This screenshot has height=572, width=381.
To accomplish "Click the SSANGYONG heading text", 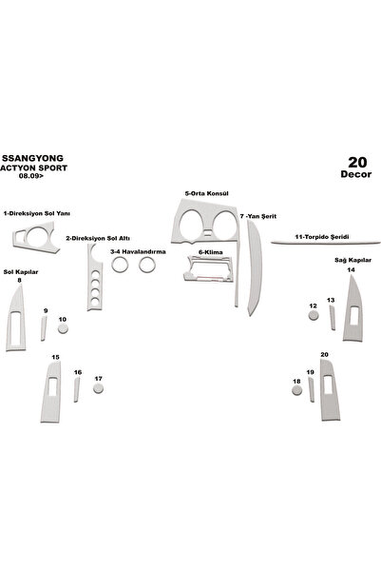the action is click(x=33, y=158).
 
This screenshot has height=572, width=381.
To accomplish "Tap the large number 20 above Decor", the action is click(x=357, y=163).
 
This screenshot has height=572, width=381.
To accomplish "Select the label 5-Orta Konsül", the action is click(x=206, y=193).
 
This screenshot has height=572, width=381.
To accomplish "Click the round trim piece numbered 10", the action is click(x=63, y=328).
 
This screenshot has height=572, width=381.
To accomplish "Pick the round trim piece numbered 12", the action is click(x=314, y=315).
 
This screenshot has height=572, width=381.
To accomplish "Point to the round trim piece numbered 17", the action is click(x=98, y=388).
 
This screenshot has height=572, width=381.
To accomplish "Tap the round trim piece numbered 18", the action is click(x=296, y=390).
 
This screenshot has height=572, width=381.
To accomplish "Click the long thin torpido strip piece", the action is click(x=326, y=242).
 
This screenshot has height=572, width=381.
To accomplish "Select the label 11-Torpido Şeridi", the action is click(x=322, y=237).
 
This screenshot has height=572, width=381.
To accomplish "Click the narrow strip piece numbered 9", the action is click(x=44, y=328).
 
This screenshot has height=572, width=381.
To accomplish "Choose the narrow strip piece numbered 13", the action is click(x=333, y=318).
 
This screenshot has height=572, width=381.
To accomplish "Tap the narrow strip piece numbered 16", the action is click(x=77, y=389).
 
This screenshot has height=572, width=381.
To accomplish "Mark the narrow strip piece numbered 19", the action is click(x=312, y=389).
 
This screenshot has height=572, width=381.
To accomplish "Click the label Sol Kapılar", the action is click(x=21, y=272).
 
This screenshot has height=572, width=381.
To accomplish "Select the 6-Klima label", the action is click(x=211, y=252).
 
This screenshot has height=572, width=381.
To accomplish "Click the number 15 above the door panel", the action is click(x=55, y=357).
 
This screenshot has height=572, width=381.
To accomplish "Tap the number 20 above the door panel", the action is click(x=324, y=355).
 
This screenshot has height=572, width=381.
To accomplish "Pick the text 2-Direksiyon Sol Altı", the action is click(x=98, y=239).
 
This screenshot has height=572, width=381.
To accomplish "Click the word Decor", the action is click(x=356, y=174).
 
